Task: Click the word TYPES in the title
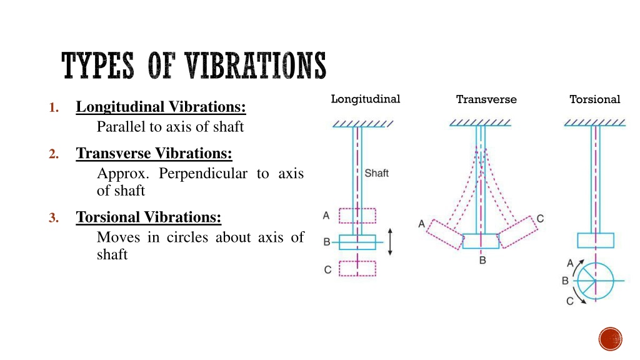pos(97,66)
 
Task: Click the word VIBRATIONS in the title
pos(256,66)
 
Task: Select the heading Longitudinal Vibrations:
pos(161,107)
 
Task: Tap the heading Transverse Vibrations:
pos(154,154)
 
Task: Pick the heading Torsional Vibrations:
pos(149,217)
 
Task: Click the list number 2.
pos(54,154)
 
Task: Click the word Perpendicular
pos(203,174)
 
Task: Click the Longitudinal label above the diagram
pos(365,99)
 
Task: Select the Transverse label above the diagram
pos(486,99)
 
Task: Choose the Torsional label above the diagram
pos(595,99)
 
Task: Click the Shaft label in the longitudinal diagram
pos(376,174)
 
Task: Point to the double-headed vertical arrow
pos(390,242)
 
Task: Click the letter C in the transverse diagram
pos(540,219)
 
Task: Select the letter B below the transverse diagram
pos(482,261)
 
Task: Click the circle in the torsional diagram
pos(614,281)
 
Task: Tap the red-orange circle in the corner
pos(611,339)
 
